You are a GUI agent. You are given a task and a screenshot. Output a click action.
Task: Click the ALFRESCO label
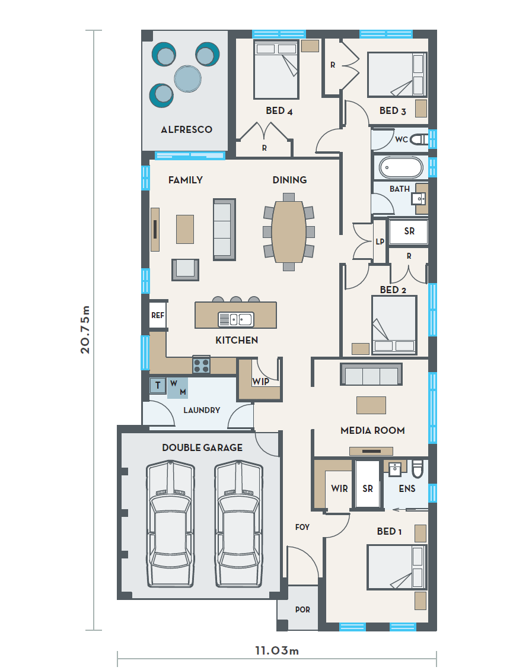pos(186,129)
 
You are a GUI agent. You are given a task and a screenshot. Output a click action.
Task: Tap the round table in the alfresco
pos(187,79)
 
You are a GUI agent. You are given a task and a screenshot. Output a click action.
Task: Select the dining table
pos(289,231)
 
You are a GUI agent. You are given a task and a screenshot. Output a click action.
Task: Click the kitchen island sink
pos(236,319)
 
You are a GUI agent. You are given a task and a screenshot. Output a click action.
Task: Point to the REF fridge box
pos(158,315)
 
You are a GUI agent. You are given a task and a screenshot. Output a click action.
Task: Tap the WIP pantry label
pos(260,382)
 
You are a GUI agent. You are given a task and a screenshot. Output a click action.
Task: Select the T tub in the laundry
pos(158,385)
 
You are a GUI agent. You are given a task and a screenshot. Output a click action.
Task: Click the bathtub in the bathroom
pos(401,167)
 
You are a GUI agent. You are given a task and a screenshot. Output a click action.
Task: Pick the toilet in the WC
pos(419,139)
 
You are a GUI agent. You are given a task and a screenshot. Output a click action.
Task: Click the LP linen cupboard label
pos(380,242)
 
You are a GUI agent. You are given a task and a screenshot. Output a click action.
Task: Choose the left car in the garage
pos(170,524)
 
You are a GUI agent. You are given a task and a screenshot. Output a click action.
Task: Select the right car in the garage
pos(238,524)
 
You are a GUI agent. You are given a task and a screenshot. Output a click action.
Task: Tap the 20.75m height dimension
pos(85,329)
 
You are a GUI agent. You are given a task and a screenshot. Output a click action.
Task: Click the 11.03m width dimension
pos(277,651)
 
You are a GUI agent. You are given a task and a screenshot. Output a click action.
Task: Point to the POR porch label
pos(302,609)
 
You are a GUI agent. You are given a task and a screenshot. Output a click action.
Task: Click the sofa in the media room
pos(371,374)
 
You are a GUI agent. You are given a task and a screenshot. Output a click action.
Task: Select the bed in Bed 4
pos(276,70)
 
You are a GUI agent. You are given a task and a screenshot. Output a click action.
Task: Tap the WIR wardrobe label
pos(340,488)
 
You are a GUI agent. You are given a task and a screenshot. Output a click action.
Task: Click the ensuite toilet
pos(418,469)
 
